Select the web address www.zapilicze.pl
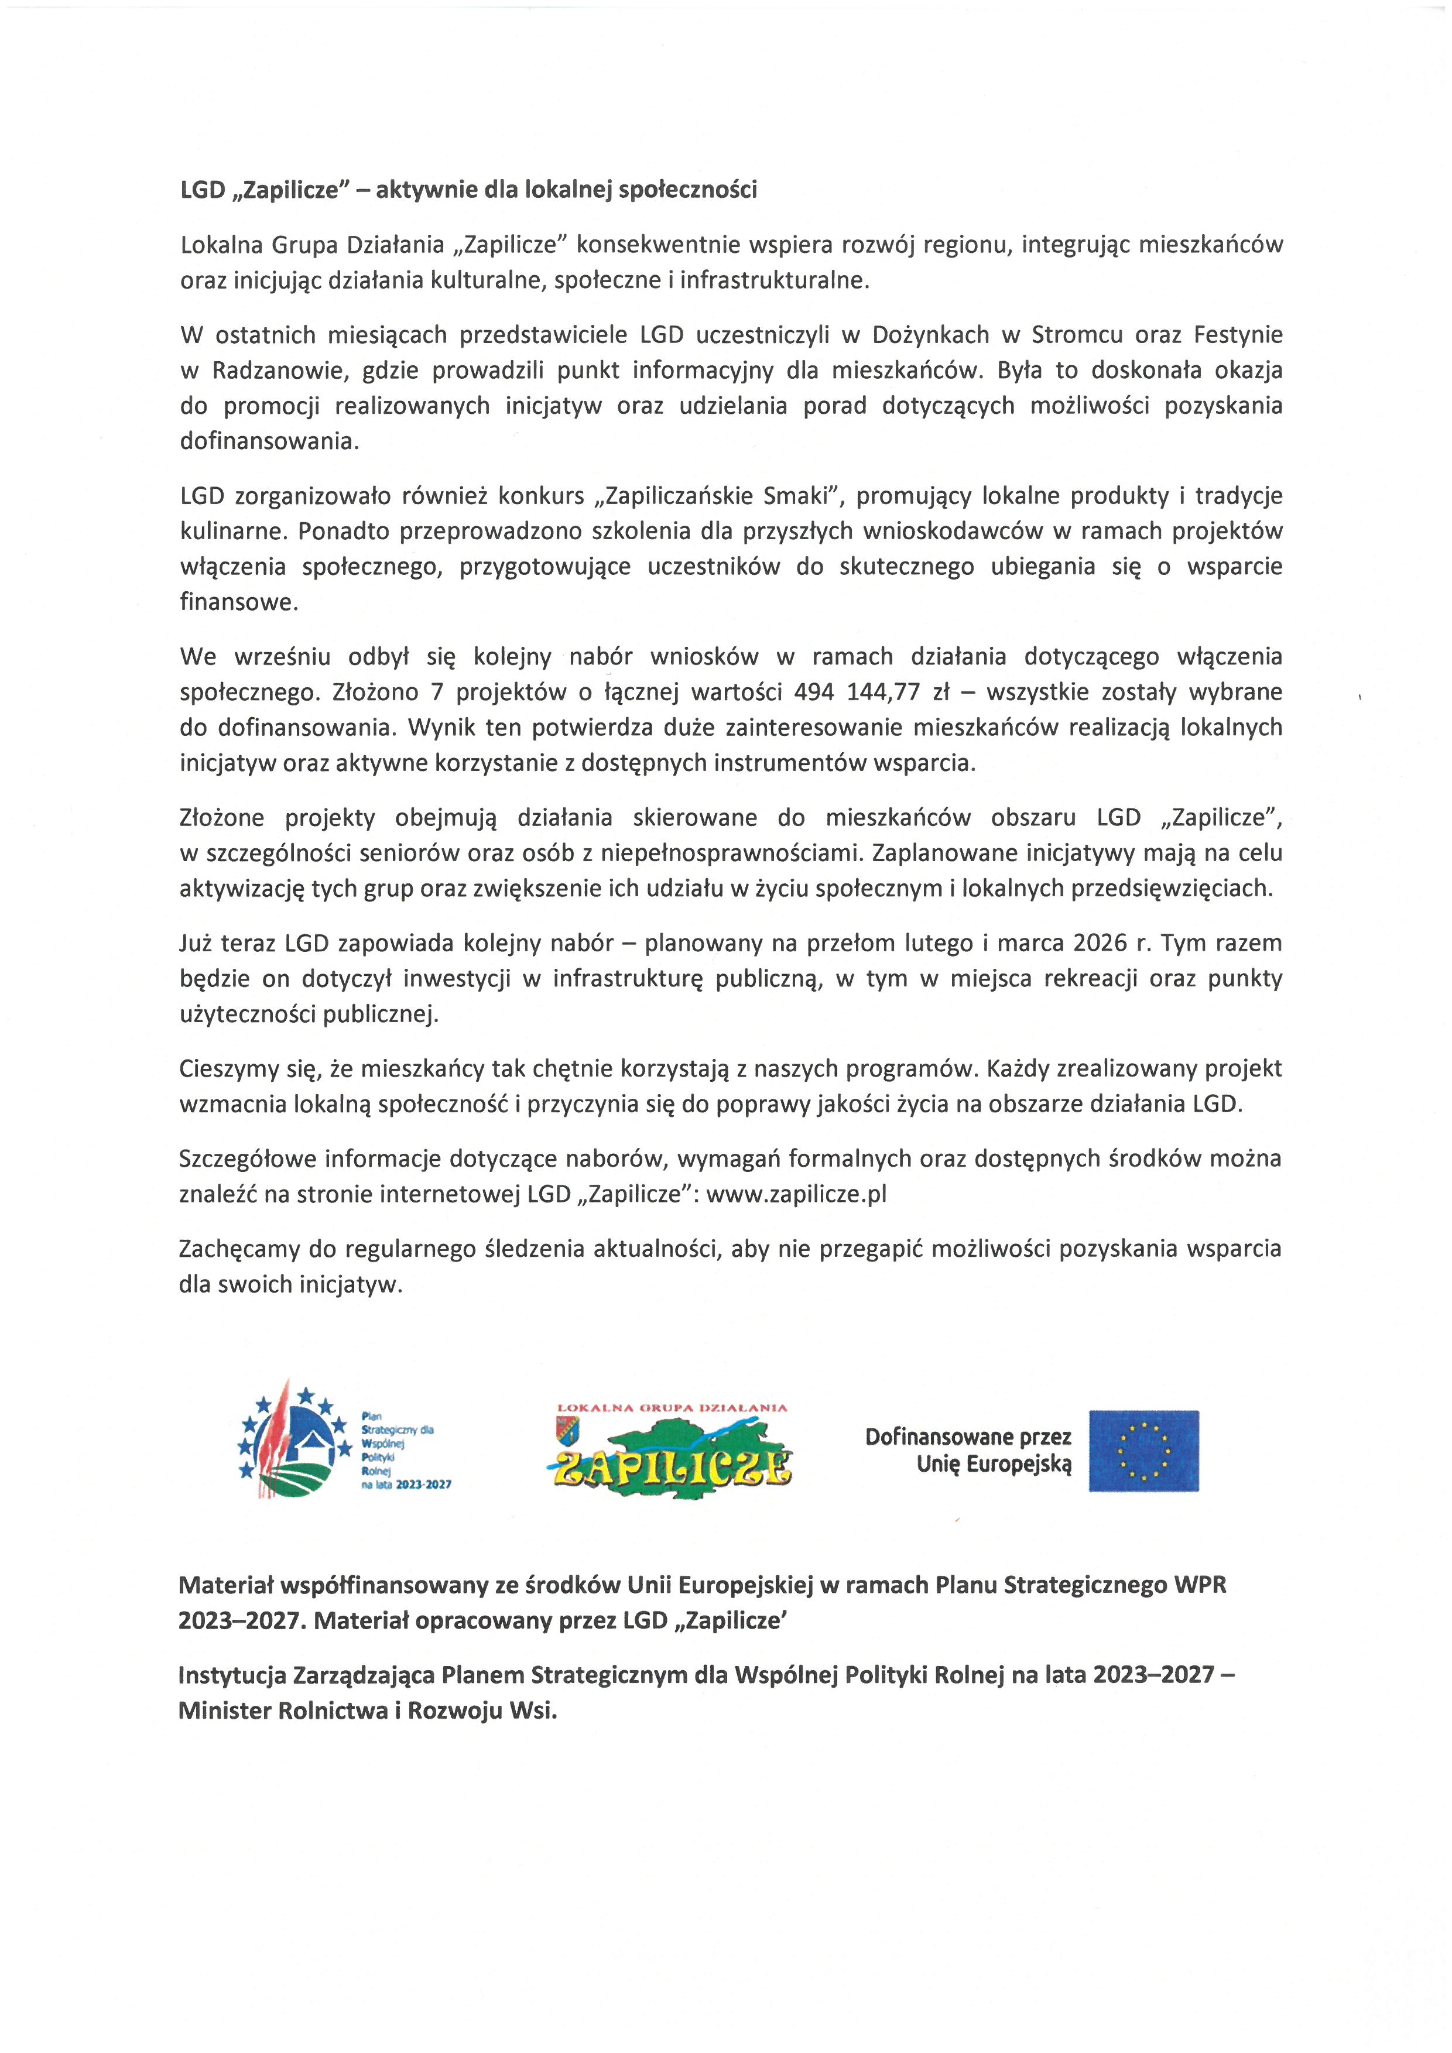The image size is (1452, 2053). point(796,1195)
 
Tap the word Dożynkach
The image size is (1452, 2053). point(931,335)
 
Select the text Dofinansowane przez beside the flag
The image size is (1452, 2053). point(967,1437)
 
